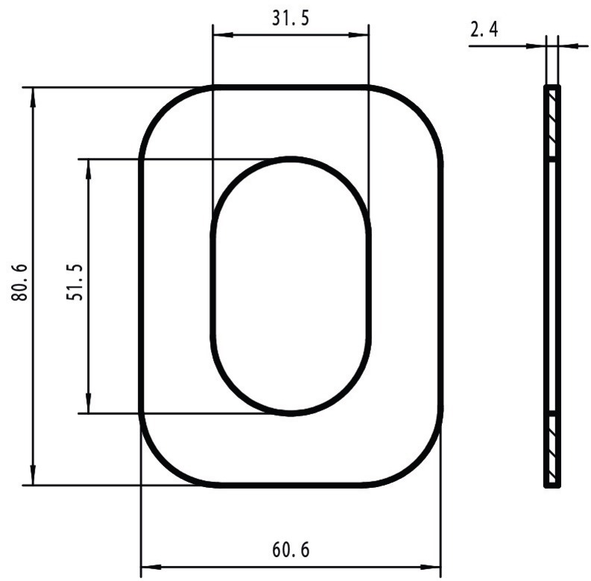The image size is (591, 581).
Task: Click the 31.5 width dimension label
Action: (x=291, y=19)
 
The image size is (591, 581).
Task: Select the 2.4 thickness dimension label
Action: (x=484, y=29)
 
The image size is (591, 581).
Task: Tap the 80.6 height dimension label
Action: (x=19, y=282)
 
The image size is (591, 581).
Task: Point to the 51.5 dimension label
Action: (x=75, y=282)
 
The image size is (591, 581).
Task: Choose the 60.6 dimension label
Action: (x=291, y=550)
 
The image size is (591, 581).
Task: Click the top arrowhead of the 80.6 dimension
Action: (x=33, y=97)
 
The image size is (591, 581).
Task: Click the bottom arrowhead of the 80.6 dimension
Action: (x=33, y=476)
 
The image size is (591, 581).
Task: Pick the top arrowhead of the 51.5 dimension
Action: (x=89, y=169)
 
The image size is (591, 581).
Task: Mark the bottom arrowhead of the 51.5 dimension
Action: (x=89, y=404)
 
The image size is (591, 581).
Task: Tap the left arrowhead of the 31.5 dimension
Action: (x=223, y=35)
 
